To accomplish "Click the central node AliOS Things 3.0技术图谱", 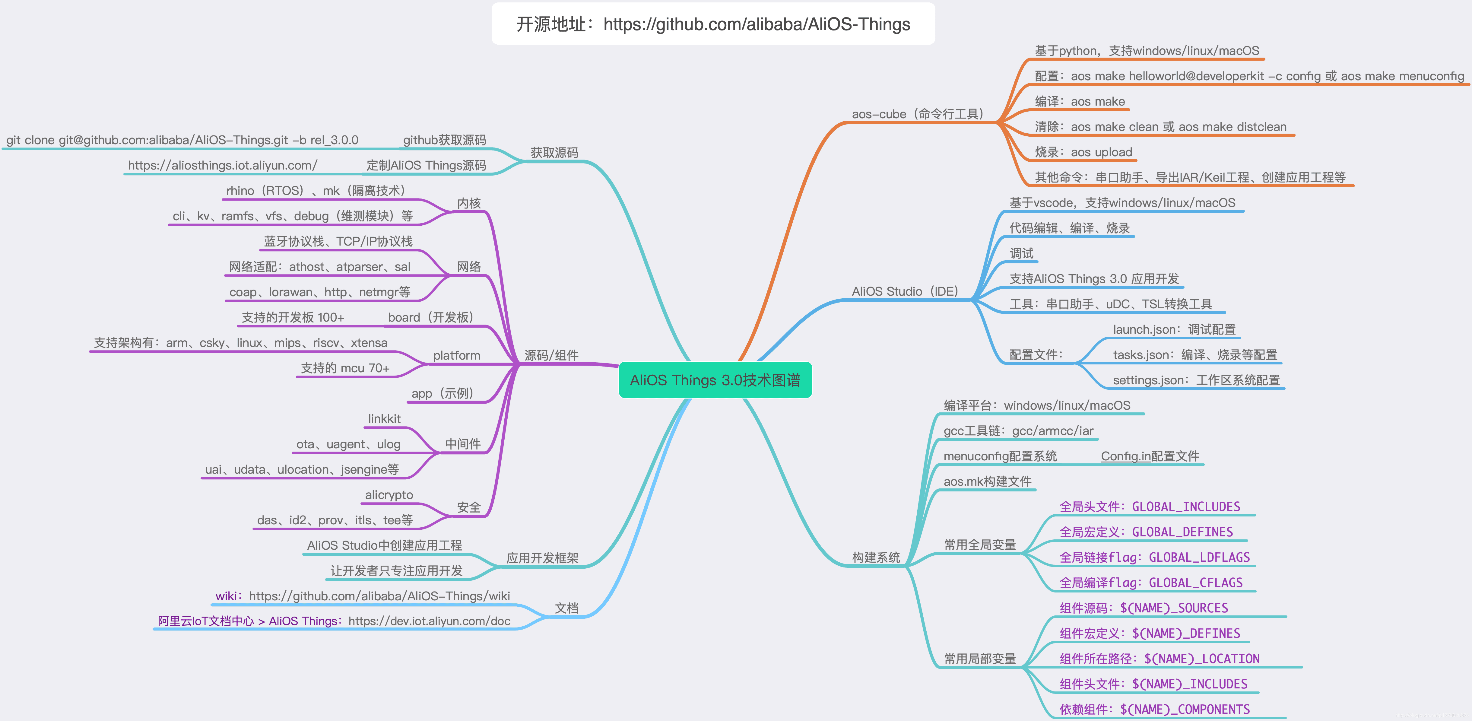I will (x=715, y=380).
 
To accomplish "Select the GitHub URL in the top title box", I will (x=757, y=24).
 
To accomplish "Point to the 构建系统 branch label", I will (x=875, y=557).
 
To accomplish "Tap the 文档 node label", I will (x=566, y=608).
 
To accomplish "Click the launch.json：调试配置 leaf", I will (x=1174, y=330).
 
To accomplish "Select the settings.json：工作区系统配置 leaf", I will (x=1196, y=380).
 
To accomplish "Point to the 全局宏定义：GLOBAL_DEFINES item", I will (x=1146, y=532).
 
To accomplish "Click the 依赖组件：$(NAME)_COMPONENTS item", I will (x=1154, y=709).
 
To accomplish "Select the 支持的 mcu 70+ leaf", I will (x=345, y=368).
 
